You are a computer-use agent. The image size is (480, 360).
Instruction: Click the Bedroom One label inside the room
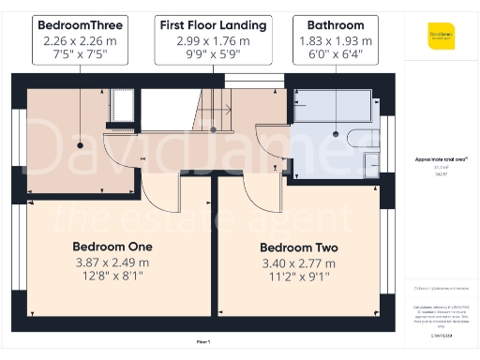(112, 247)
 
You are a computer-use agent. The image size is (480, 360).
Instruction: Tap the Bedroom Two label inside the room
(298, 247)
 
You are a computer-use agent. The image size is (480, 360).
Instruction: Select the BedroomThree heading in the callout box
(81, 23)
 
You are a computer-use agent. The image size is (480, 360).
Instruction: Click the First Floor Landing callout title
(212, 23)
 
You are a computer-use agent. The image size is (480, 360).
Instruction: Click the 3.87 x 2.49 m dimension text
(112, 262)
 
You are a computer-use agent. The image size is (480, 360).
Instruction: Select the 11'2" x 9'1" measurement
(298, 278)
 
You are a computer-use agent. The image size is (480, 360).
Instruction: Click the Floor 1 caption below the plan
(203, 341)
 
